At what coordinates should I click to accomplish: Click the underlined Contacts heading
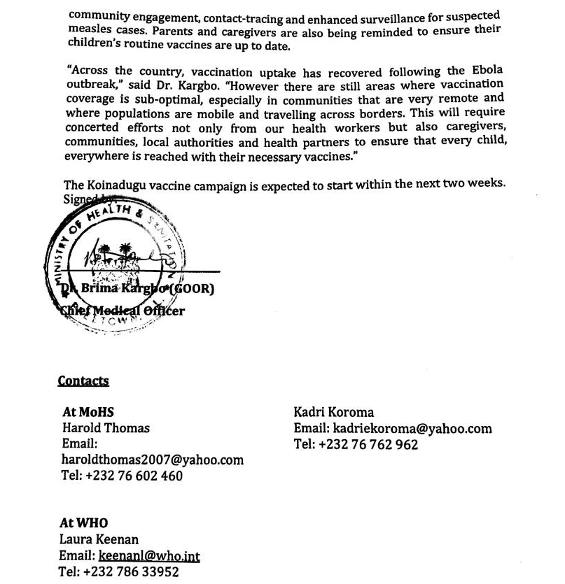(x=83, y=381)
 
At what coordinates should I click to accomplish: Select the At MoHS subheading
(x=88, y=413)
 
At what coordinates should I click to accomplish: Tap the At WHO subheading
(x=84, y=523)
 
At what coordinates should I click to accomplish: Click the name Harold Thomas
(x=106, y=428)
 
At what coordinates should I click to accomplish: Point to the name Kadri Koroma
(x=333, y=413)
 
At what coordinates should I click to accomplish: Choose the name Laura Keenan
(x=99, y=539)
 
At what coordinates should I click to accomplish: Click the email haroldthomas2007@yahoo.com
(x=153, y=460)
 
